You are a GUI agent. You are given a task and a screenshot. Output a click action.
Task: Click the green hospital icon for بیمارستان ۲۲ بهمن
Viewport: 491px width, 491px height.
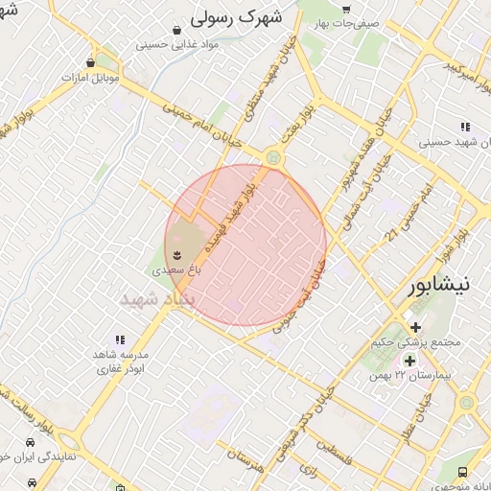coord(410,361)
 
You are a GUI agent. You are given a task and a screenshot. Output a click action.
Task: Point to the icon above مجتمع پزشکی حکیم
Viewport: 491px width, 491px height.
coord(415,327)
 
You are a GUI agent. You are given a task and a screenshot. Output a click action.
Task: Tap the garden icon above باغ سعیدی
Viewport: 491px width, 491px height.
coord(177,253)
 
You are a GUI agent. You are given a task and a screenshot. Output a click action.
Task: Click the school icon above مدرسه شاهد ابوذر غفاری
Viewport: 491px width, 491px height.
coord(120,339)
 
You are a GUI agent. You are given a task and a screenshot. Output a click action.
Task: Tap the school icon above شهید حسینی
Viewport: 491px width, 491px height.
coord(465,127)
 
